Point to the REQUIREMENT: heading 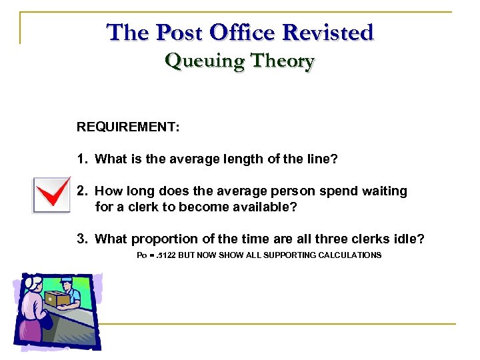tap(128, 127)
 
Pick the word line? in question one tap(322, 159)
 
